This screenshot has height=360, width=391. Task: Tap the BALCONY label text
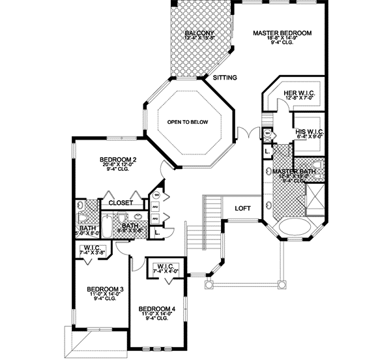[x=199, y=33]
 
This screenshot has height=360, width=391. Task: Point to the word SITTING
[x=224, y=78]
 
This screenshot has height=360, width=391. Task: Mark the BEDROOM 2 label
[x=117, y=159]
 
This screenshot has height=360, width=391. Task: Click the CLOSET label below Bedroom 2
[x=121, y=203]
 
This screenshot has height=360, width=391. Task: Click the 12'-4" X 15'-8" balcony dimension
[x=199, y=39]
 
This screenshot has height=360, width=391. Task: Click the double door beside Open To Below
[x=244, y=133]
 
